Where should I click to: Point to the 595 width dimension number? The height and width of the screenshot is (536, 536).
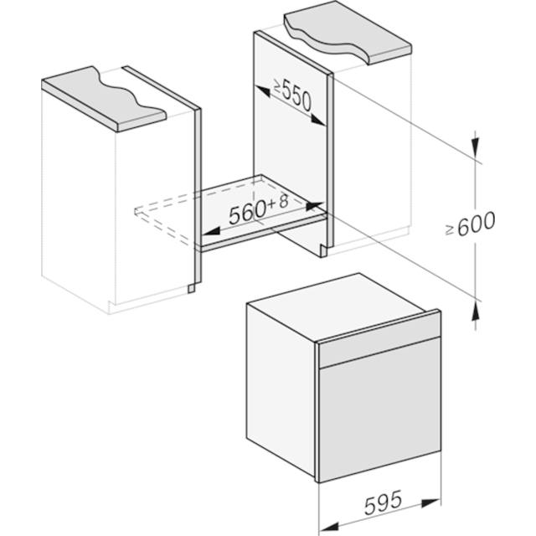383,502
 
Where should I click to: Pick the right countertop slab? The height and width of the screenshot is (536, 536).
348,33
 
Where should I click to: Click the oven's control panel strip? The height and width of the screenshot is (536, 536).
379,352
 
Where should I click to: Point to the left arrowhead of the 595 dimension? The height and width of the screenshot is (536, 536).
329,527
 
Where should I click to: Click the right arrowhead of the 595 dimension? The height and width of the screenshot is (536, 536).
430,502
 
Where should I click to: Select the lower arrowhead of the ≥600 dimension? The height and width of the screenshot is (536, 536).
475,311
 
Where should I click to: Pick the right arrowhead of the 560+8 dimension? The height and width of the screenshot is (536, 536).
314,206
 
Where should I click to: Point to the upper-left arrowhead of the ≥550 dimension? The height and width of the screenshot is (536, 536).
263,91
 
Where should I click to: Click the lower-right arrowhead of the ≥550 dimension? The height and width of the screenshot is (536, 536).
318,120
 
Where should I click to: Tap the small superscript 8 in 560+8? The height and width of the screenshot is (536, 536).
284,202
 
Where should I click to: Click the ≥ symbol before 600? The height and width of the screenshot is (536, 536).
450,230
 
